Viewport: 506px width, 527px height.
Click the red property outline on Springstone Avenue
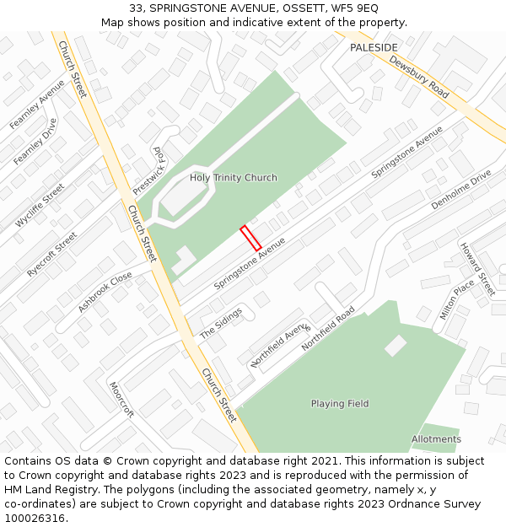250,238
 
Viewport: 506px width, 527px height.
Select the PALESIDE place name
374,48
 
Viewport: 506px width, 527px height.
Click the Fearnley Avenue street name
37,104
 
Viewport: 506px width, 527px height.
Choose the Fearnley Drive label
35,141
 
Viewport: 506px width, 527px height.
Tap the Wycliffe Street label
40,205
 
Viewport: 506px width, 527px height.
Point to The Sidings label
221,323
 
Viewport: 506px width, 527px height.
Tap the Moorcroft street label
121,400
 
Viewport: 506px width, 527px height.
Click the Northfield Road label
328,327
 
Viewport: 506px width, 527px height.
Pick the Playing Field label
340,404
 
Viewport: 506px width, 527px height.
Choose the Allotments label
436,439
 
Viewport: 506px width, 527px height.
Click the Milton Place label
457,299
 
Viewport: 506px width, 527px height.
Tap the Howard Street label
476,269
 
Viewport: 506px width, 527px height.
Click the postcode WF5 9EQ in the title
350,8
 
